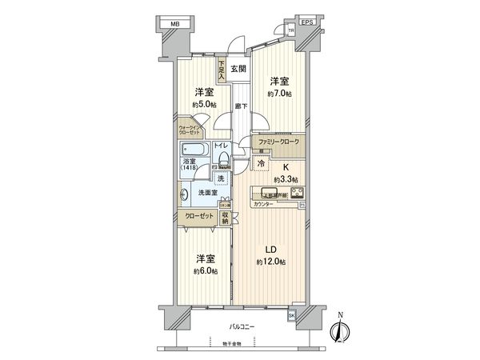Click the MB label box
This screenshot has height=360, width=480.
click(174, 25)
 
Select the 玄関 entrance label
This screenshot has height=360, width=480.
click(238, 69)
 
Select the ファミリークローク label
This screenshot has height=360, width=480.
click(278, 142)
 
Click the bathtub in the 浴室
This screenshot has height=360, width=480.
click(193, 150)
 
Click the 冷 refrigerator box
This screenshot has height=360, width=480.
click(260, 162)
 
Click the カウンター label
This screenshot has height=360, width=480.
click(263, 205)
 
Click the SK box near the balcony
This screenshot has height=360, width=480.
click(292, 316)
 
